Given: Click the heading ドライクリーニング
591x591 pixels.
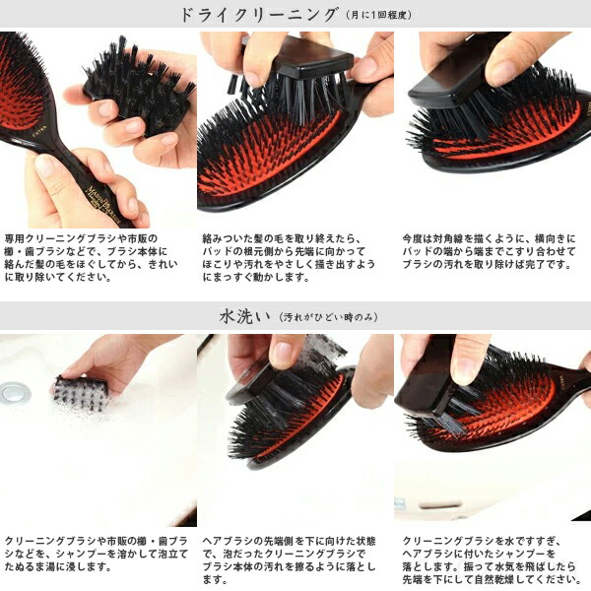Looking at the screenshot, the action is (259, 15).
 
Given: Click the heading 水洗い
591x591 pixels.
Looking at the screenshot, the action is (244, 316).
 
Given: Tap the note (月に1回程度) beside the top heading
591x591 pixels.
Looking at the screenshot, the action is (379, 16).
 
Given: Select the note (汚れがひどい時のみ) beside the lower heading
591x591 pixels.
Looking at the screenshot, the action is (328, 317).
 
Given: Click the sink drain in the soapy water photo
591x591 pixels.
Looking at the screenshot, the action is (15, 393).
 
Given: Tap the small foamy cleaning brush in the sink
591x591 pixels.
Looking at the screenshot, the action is (81, 394).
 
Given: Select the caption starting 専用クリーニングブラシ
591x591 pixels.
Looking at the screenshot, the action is (91, 258).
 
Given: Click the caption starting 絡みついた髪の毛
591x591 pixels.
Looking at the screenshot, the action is (289, 258).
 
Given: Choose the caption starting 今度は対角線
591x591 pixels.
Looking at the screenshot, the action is (490, 251).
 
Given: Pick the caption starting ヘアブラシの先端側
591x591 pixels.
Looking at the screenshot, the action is (289, 560).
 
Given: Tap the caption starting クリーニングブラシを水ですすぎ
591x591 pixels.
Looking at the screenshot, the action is (492, 560).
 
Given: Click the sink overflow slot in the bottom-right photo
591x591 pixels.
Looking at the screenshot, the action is (439, 504).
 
